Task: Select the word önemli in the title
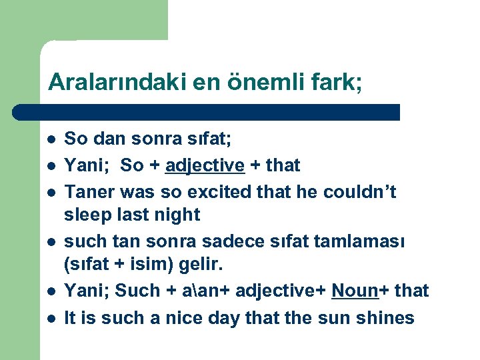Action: (262, 82)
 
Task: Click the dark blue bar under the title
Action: (207, 112)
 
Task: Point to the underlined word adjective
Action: (205, 165)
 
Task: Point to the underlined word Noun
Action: (354, 291)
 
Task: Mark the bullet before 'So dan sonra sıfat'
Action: (50, 139)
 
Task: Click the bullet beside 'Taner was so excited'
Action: (50, 193)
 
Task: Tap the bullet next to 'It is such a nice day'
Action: (50, 319)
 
